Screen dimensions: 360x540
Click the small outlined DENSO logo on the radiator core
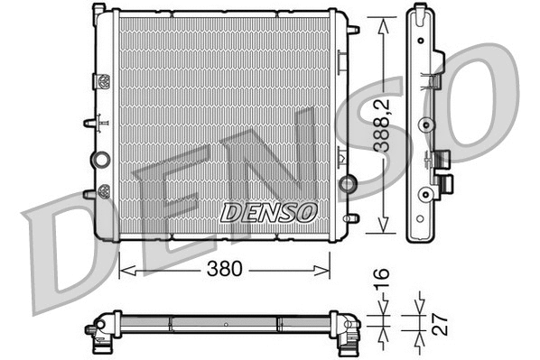click(x=269, y=212)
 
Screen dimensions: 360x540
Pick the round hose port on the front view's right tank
click(x=345, y=185)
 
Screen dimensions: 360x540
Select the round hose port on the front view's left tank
click(x=100, y=160)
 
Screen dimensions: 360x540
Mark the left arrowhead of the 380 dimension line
click(x=125, y=269)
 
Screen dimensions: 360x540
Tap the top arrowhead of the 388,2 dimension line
click(x=385, y=20)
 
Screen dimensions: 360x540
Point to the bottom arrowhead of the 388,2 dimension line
click(x=385, y=233)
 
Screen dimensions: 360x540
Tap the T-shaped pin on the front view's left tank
click(x=91, y=122)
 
